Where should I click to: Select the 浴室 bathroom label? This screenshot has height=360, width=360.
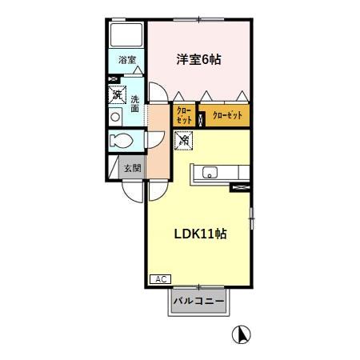[x=126, y=60]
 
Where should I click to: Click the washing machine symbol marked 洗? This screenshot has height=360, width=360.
[x=118, y=94]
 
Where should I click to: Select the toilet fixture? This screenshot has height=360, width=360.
[x=122, y=142]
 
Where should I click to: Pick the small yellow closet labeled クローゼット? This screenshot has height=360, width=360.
[x=183, y=115]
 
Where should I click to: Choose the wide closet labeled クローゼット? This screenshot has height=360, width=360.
[x=227, y=115]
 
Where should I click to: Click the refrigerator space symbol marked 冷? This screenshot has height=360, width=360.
[x=184, y=141]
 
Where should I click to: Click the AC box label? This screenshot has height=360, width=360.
[x=159, y=279]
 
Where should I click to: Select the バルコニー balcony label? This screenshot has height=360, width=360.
[x=198, y=302]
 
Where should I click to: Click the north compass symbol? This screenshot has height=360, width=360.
[x=239, y=332]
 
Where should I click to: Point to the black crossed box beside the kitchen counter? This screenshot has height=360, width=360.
[x=239, y=187]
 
